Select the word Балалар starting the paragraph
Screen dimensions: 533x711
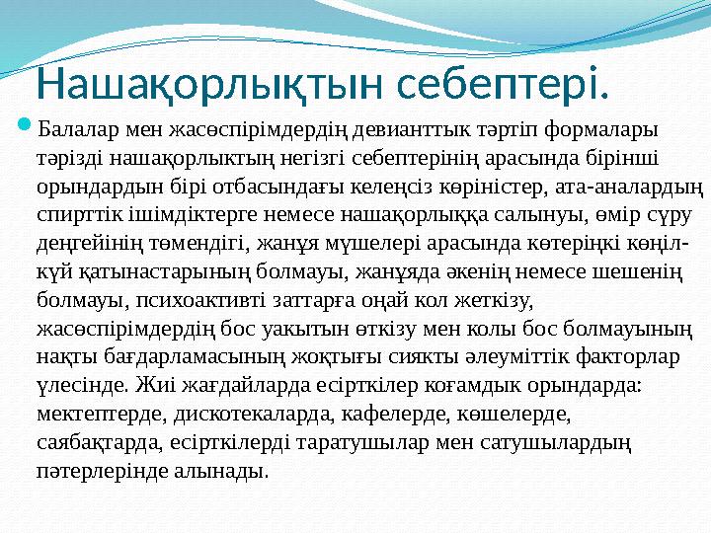point(76,128)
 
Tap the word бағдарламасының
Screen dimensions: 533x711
point(181,352)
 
